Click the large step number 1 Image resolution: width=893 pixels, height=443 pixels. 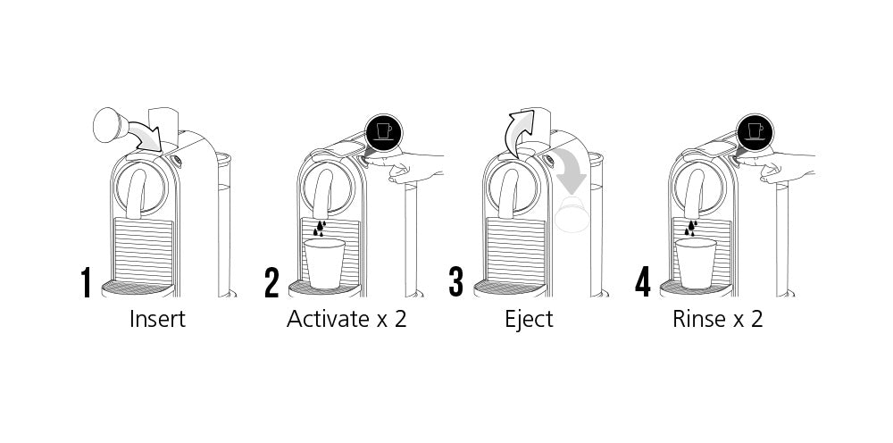(86, 282)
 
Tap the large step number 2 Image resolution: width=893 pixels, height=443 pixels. (271, 282)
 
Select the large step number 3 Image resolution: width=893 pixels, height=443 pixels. (456, 282)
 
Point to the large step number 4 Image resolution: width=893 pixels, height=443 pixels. (642, 282)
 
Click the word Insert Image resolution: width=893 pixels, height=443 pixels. (157, 319)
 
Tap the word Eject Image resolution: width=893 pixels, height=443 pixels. (529, 320)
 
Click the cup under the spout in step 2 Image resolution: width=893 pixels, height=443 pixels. (325, 263)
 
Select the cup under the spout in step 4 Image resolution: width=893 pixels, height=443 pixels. (696, 263)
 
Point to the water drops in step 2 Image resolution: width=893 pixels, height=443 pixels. (320, 229)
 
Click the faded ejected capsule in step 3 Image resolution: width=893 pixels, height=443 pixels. (572, 214)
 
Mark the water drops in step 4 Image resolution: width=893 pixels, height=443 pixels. (691, 229)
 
